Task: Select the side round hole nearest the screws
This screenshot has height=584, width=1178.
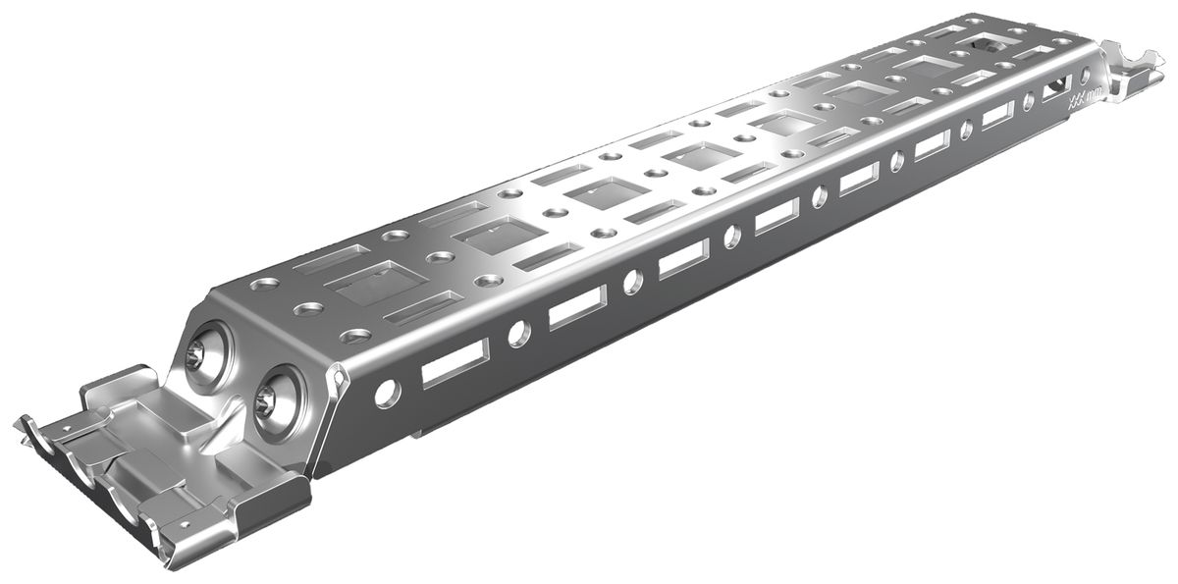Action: pos(387,392)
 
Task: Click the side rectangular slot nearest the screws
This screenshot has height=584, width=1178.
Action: pos(455,363)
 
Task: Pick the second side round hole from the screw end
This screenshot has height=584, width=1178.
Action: pos(518,333)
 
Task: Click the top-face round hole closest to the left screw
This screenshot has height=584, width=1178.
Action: pos(263,286)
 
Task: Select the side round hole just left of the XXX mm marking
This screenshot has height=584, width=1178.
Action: pos(1028,101)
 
